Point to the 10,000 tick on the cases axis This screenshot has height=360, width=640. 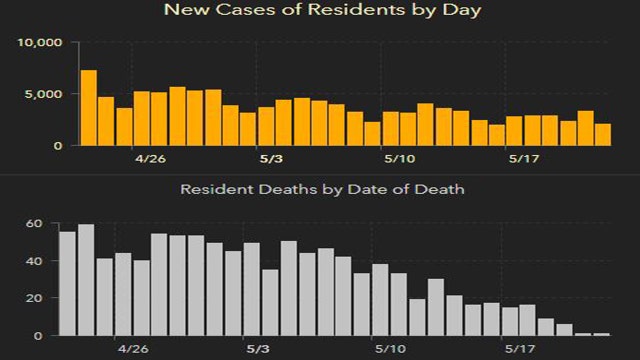pyautogui.click(x=40, y=43)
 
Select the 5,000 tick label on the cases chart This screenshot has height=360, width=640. pyautogui.click(x=44, y=94)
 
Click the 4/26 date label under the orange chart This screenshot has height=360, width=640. pyautogui.click(x=150, y=158)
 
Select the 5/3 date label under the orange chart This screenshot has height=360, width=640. pyautogui.click(x=273, y=158)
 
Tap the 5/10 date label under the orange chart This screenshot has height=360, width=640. pyautogui.click(x=398, y=158)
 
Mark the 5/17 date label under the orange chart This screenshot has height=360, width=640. pyautogui.click(x=522, y=158)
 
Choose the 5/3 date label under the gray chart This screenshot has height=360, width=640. pyautogui.click(x=258, y=350)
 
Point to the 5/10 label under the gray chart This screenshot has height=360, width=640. pyautogui.click(x=390, y=350)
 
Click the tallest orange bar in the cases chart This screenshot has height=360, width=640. pyautogui.click(x=89, y=108)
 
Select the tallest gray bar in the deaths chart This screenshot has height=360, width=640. pyautogui.click(x=86, y=280)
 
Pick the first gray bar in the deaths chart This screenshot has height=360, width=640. pyautogui.click(x=67, y=284)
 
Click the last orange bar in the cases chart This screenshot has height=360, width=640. pyautogui.click(x=603, y=134)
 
